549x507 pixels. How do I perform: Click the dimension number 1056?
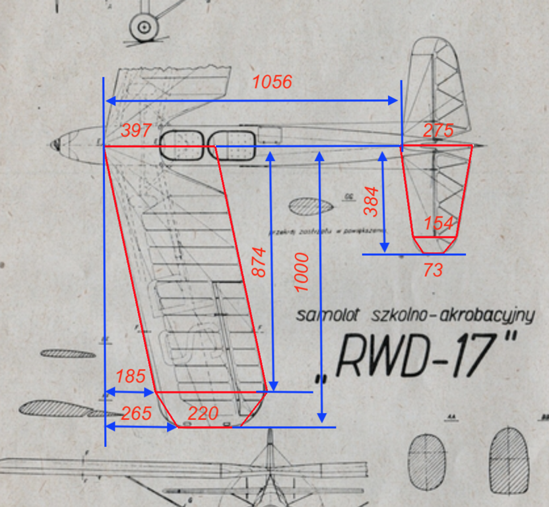pyautogui.click(x=273, y=83)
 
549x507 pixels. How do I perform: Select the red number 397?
pyautogui.click(x=136, y=131)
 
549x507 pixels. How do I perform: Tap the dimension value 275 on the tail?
pyautogui.click(x=438, y=131)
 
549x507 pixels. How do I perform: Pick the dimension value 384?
pyautogui.click(x=371, y=201)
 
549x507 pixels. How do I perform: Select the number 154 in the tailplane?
pyautogui.click(x=439, y=223)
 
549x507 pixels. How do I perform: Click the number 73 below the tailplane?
pyautogui.click(x=433, y=269)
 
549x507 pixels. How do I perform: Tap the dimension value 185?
pyautogui.click(x=130, y=377)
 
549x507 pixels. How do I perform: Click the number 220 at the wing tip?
pyautogui.click(x=203, y=414)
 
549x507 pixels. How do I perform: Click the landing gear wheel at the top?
pyautogui.click(x=143, y=27)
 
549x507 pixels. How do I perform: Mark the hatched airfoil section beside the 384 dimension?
pyautogui.click(x=312, y=206)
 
